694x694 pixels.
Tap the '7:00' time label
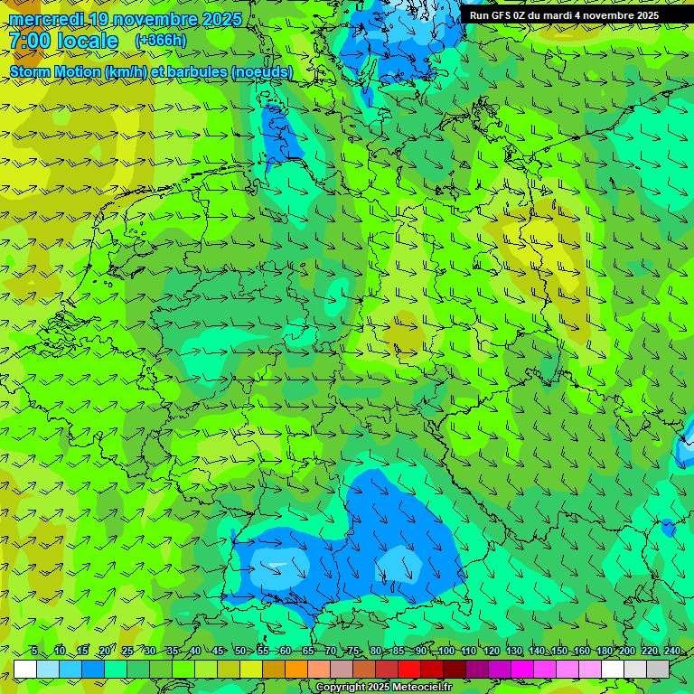29,41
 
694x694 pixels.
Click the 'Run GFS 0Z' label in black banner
500,15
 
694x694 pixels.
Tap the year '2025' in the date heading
220,19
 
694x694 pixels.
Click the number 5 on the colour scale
33,651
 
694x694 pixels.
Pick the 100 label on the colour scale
445,651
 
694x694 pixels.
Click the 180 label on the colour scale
604,651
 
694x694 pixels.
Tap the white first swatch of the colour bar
25,669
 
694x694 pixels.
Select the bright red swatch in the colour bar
409,669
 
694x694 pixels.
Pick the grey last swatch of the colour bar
658,669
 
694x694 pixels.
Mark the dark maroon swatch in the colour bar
455,669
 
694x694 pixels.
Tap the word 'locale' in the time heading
88,41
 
